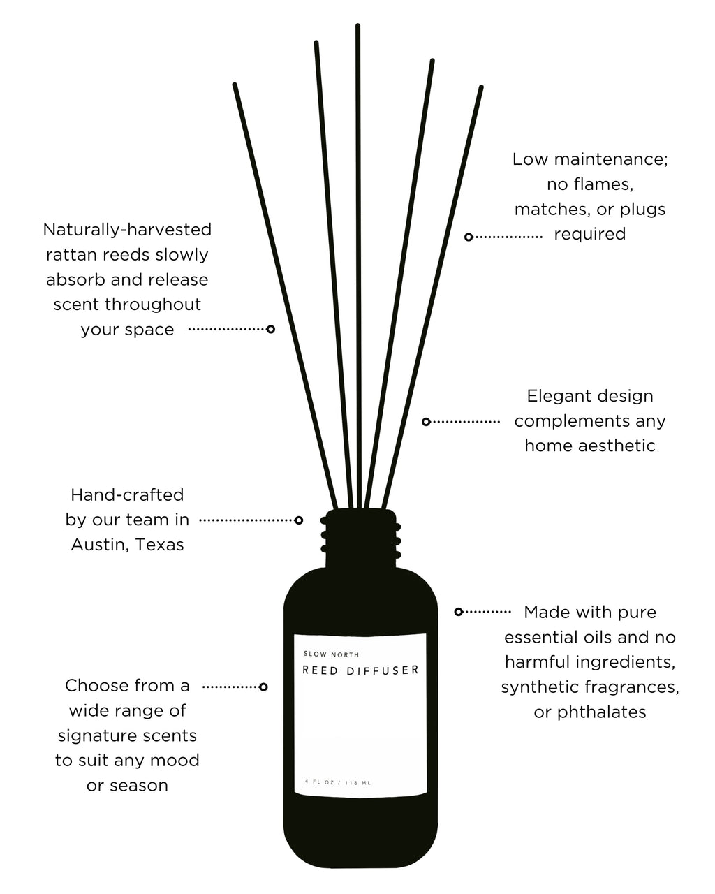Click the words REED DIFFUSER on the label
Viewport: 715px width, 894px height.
(x=360, y=670)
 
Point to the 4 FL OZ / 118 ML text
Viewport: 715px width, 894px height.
(x=338, y=782)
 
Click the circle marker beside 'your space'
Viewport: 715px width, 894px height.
(x=270, y=329)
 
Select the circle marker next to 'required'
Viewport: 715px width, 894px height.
(x=469, y=237)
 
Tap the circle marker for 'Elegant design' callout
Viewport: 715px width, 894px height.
(x=426, y=422)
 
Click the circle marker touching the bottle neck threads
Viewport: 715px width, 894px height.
(x=299, y=520)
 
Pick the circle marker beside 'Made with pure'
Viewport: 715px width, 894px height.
(x=459, y=612)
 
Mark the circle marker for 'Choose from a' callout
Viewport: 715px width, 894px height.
(x=263, y=687)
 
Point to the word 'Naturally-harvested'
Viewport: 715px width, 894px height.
(x=127, y=229)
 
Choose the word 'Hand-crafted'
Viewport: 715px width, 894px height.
(x=127, y=495)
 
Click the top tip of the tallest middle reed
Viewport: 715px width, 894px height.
(x=358, y=27)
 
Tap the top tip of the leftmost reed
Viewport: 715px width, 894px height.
(x=235, y=85)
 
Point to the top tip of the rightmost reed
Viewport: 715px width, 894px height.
(x=481, y=88)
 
